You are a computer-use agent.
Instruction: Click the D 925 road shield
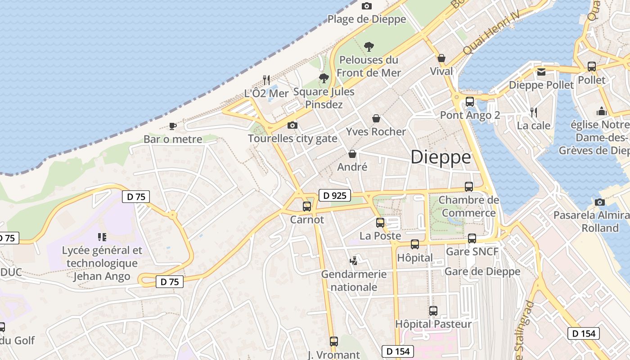tap(334, 195)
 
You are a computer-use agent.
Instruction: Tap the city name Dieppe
tap(441, 157)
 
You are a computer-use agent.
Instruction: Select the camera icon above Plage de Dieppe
tap(367, 6)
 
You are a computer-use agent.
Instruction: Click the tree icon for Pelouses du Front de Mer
tap(369, 46)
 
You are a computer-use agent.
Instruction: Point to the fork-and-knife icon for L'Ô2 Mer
tap(266, 80)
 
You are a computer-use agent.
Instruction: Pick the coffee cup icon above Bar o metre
tap(172, 126)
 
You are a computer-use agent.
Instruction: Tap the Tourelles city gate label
tap(292, 138)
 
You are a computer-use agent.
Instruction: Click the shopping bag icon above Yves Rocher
tap(376, 118)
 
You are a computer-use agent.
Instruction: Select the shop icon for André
tap(352, 154)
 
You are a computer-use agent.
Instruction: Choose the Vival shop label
tap(441, 71)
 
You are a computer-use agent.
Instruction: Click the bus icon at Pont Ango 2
tap(470, 102)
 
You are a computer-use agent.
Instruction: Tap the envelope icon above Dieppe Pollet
tap(541, 72)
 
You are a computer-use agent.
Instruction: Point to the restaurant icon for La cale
tap(534, 112)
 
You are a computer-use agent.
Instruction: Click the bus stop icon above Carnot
tap(307, 207)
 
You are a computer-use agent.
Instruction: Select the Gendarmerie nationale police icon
tap(354, 261)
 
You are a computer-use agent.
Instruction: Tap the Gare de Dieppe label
tap(482, 271)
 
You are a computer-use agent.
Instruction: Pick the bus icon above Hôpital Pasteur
tap(433, 311)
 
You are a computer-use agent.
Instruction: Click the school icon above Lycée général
tap(102, 237)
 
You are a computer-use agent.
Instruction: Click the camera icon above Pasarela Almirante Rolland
tap(599, 202)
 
